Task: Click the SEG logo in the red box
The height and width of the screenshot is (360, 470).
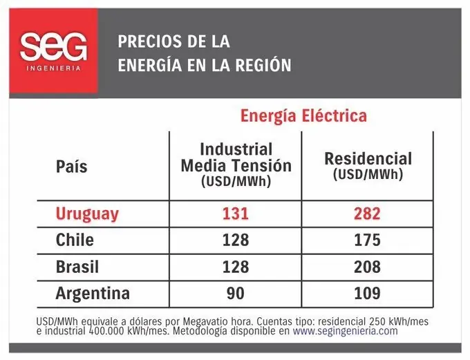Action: (53, 46)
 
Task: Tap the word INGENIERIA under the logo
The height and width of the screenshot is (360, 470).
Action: (53, 68)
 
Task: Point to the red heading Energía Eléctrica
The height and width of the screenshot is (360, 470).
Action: (303, 115)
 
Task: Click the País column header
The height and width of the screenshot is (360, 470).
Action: (71, 167)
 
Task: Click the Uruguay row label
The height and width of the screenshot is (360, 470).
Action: (87, 214)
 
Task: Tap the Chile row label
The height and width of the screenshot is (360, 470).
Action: (75, 240)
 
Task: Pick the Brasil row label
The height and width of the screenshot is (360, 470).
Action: (77, 267)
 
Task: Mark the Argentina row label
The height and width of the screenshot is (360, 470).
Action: (93, 293)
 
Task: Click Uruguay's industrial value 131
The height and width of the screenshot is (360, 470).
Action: (235, 214)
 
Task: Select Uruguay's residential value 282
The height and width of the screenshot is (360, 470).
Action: (367, 214)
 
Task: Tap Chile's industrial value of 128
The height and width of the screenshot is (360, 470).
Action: (235, 240)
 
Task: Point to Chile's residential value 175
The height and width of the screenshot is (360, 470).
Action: (367, 240)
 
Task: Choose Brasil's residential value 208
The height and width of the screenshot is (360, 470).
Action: (367, 267)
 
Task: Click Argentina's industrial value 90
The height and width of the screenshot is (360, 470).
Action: (235, 293)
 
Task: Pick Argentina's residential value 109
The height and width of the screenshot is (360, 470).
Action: (367, 293)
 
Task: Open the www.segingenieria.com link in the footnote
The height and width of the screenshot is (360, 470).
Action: (345, 330)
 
